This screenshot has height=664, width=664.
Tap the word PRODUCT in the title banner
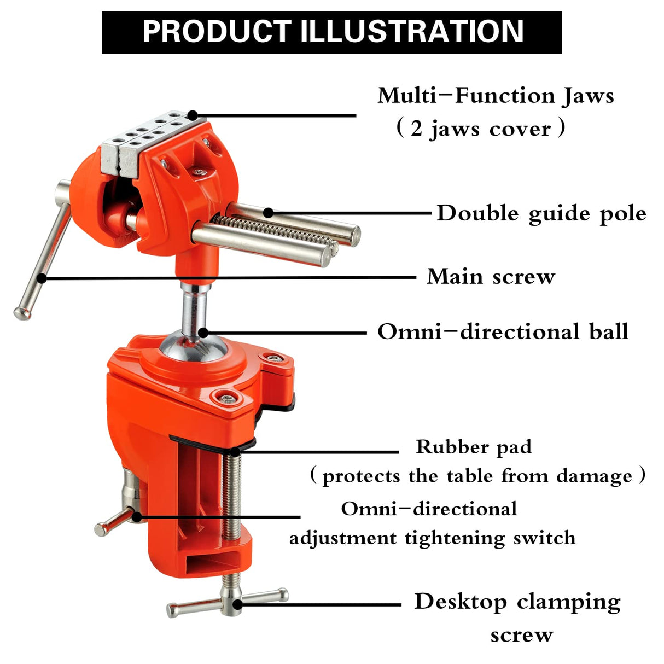[x=217, y=32]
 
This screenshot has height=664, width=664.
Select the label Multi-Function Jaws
[x=496, y=96]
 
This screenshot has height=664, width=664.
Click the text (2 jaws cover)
[x=480, y=129]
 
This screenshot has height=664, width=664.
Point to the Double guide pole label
[x=541, y=213]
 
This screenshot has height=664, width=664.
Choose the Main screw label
[x=491, y=277]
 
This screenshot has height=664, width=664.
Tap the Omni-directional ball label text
[x=503, y=332]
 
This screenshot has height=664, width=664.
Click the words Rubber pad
[x=473, y=447]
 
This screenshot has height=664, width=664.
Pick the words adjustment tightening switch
[x=432, y=538]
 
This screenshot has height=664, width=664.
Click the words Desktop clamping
[x=517, y=602]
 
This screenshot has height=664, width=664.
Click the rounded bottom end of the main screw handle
[x=22, y=312]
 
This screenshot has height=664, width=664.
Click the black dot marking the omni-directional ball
[x=203, y=332]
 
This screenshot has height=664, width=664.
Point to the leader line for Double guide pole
[x=350, y=213]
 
